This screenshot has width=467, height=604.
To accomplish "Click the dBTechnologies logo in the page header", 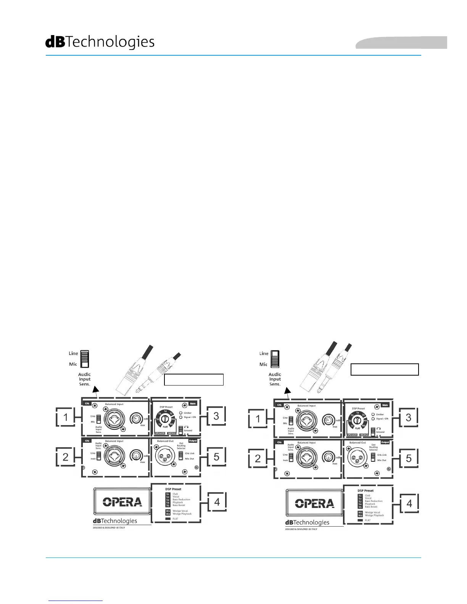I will (x=100, y=42).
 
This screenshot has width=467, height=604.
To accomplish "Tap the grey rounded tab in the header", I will (x=401, y=43).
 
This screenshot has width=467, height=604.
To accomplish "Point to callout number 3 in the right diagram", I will (x=409, y=417).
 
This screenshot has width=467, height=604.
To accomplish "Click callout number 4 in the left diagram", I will (x=217, y=502).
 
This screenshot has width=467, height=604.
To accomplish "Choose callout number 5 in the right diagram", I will (x=409, y=458).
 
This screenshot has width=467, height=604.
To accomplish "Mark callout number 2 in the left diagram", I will (x=66, y=456).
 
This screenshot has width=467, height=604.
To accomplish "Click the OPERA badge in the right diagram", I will (x=315, y=503).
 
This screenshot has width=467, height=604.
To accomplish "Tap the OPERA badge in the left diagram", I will (x=122, y=502).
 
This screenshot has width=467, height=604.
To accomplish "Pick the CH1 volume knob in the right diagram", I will (x=328, y=420).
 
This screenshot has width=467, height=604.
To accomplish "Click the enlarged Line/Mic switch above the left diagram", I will (x=85, y=359).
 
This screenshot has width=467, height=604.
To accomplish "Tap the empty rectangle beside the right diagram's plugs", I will (x=385, y=369).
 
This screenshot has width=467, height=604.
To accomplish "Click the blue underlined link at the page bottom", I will (x=76, y=601).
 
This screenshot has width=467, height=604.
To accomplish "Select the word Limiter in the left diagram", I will (x=188, y=413).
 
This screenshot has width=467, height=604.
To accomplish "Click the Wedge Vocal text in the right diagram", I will (x=372, y=512).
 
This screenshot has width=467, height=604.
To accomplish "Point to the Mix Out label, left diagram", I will (x=189, y=459).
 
